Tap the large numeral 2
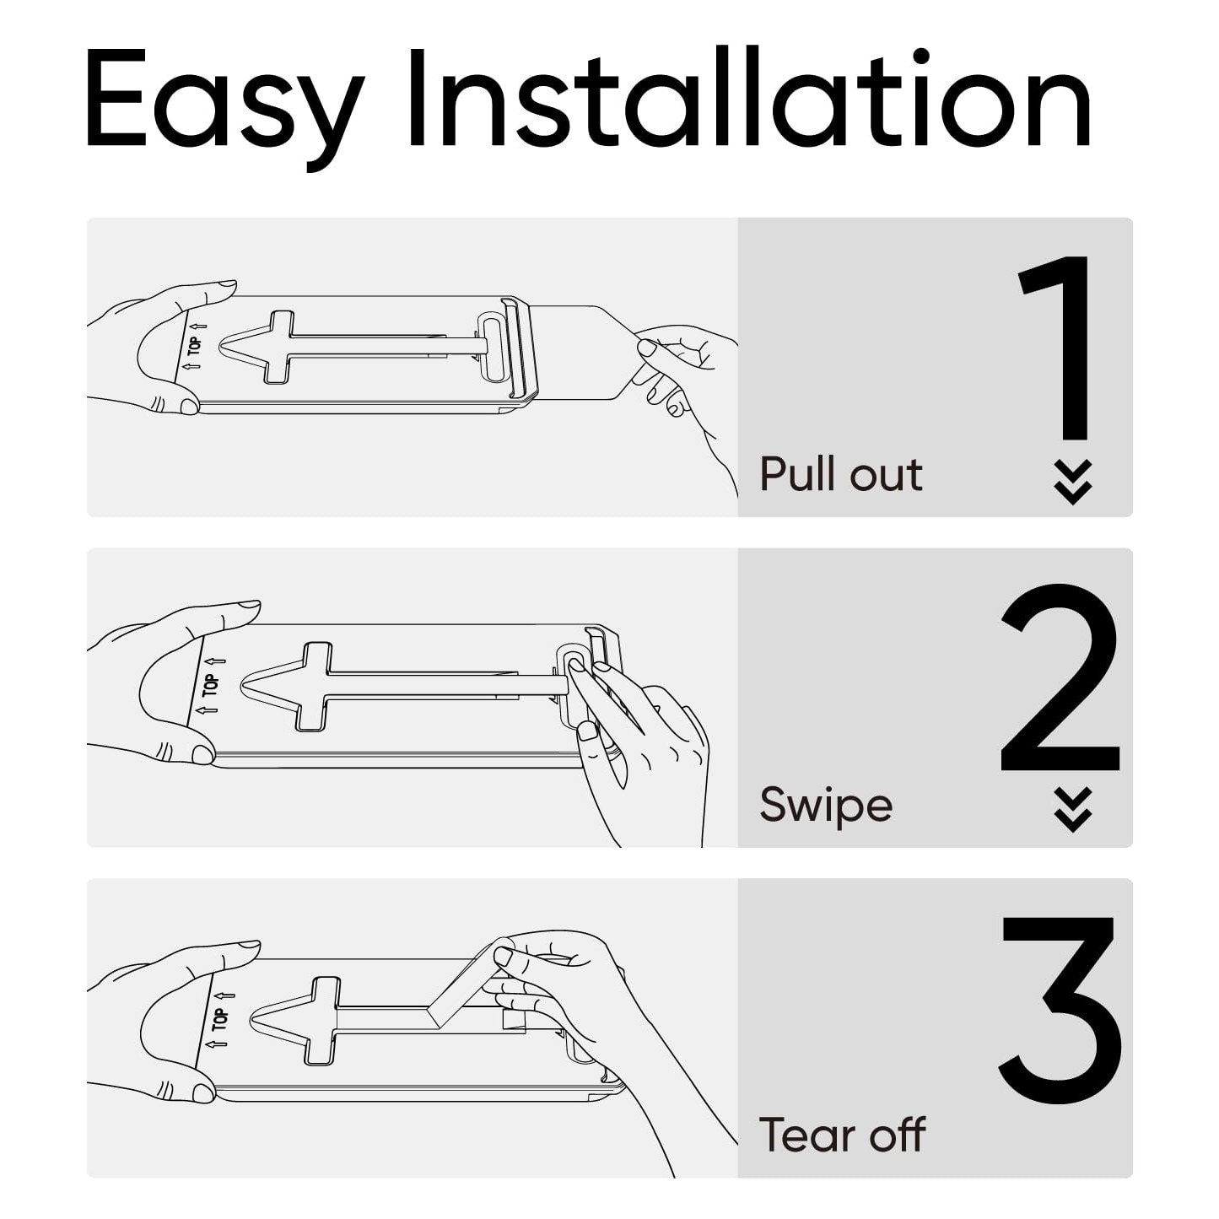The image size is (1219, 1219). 1060,677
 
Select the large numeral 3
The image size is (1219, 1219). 1060,1010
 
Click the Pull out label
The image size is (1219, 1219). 841,474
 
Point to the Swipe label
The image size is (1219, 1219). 826,806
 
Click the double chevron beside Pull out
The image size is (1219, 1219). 1073,482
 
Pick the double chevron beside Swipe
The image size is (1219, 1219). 1073,810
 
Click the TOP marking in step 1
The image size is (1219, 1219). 195,346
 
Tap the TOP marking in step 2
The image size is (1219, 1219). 211,685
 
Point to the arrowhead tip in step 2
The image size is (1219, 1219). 241,685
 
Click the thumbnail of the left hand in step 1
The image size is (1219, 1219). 190,406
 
